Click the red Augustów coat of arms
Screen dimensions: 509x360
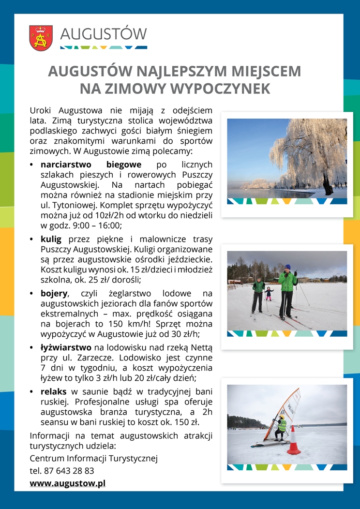click(41, 38)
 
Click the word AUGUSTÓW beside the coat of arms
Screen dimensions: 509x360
click(104, 34)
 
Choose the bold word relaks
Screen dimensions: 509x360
click(53, 391)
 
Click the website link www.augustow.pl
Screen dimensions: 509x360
click(68, 483)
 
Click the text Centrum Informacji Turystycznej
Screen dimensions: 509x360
click(94, 458)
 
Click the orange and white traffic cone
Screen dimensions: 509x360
click(294, 441)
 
